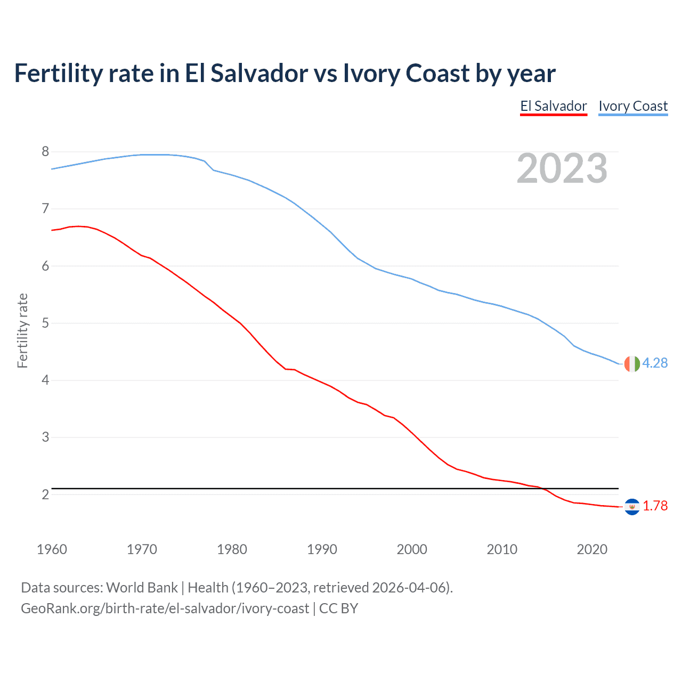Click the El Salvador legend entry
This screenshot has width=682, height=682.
tap(553, 106)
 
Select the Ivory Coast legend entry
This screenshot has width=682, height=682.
tap(633, 106)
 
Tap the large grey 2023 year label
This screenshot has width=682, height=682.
tap(562, 168)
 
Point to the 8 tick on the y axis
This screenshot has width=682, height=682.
tap(45, 152)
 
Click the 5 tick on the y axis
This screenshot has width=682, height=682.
tap(45, 323)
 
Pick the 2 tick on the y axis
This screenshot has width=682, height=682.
tap(45, 494)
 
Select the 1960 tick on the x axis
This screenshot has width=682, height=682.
tap(52, 549)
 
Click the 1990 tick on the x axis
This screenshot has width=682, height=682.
tap(322, 549)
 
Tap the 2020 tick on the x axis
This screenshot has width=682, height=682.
tap(592, 549)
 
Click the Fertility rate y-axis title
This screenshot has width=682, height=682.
tap(22, 330)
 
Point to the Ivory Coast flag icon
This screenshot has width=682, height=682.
tap(632, 363)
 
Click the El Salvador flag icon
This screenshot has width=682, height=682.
tap(632, 506)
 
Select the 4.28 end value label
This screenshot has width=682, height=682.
tap(655, 363)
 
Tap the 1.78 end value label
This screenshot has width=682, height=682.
tap(655, 506)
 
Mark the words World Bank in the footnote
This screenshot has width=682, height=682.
tap(142, 588)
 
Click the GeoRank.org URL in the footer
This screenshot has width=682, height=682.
tap(165, 608)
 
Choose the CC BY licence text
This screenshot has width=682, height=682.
tap(338, 608)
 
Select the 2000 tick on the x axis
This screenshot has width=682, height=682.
tap(412, 549)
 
